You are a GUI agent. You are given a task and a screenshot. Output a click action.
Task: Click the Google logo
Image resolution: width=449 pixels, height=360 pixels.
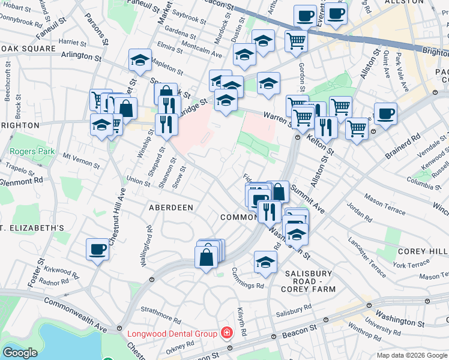pyautogui.click(x=20, y=353)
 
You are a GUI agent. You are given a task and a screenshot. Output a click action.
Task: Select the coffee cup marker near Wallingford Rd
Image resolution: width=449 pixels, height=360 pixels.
pyautogui.click(x=97, y=248)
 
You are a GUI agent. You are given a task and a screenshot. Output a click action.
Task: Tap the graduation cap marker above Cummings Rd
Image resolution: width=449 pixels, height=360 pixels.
pyautogui.click(x=265, y=261)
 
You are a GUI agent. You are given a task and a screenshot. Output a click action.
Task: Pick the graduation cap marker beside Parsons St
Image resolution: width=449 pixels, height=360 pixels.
pyautogui.click(x=140, y=60)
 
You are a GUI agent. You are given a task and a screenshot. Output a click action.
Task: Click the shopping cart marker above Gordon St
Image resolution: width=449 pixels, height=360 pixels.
pyautogui.click(x=296, y=41)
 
